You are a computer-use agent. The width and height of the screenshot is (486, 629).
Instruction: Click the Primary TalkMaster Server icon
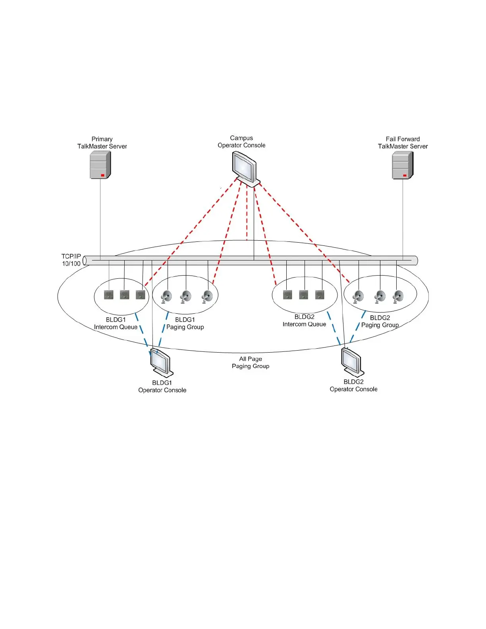point(100,165)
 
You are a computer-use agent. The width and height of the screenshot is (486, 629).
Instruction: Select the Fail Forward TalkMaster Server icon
point(403,165)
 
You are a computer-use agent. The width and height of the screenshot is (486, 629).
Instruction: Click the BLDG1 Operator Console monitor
point(161,362)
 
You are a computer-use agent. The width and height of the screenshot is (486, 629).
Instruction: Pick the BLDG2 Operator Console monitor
point(352,361)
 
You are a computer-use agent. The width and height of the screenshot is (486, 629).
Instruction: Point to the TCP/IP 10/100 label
point(71,260)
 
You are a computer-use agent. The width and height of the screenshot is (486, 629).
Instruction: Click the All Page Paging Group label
point(251,363)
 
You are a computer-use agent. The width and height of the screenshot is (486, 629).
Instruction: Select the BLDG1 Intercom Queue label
point(116,323)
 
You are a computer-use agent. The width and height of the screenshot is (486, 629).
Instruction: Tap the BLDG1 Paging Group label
point(185,323)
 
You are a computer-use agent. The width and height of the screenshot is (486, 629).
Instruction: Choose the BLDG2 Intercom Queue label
point(304,320)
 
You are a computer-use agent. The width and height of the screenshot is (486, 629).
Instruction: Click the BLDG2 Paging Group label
point(380,321)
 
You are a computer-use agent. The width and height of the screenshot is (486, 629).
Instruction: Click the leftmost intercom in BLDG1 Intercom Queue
point(108,295)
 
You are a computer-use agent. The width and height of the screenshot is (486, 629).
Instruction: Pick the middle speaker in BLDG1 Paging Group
point(185,296)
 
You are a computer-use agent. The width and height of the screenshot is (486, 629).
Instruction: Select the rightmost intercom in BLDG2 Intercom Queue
point(320,295)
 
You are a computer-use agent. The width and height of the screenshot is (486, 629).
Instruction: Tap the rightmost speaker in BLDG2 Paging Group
point(398,296)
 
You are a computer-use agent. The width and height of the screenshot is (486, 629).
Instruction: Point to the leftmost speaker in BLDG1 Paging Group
point(166,296)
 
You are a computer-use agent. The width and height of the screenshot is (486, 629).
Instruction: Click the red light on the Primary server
point(102,175)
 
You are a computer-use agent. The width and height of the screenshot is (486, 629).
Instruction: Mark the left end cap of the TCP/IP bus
point(85,260)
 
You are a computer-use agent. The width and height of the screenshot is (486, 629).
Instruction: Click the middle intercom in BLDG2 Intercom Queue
point(304,295)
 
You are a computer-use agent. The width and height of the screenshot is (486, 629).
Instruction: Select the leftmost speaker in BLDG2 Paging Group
point(358,296)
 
